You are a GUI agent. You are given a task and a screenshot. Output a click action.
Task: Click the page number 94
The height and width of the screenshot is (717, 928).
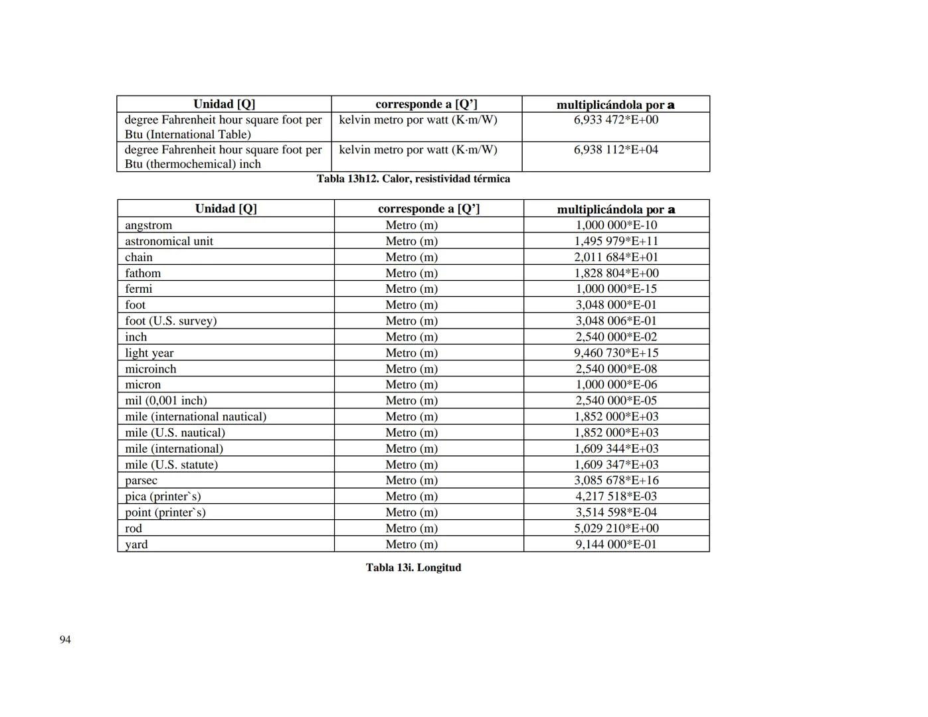tap(65, 639)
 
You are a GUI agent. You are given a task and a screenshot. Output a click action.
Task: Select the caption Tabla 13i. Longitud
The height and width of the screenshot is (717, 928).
tap(413, 568)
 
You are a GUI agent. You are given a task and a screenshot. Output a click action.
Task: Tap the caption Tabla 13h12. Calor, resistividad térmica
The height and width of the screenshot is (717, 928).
tap(413, 179)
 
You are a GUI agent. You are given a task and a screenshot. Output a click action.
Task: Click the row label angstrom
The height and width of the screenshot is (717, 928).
tap(148, 225)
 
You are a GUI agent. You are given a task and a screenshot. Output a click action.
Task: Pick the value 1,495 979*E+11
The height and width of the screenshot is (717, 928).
tap(616, 241)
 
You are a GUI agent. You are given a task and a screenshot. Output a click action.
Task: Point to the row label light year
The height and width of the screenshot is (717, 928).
tap(149, 353)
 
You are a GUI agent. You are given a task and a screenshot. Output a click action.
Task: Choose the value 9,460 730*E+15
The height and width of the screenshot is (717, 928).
tap(616, 353)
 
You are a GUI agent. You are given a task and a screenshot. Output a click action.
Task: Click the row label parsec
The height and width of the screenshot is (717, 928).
tap(141, 481)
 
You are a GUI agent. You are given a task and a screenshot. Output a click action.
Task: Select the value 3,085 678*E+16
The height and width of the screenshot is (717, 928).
tap(616, 481)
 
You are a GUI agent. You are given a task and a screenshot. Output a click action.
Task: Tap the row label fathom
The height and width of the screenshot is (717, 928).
tap(143, 273)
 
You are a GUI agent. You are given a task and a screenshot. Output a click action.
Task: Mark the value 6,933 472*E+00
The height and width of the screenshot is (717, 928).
tap(616, 119)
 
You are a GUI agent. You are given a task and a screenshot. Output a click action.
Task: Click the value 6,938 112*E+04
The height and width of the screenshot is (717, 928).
tap(616, 149)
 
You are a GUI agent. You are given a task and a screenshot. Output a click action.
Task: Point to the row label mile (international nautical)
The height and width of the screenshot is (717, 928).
tap(195, 417)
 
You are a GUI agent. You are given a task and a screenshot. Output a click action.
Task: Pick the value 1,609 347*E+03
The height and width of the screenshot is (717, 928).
tap(616, 465)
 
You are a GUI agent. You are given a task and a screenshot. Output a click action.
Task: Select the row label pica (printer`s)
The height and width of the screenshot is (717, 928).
tap(163, 497)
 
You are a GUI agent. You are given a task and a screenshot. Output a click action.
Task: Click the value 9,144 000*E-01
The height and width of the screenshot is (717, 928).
tap(616, 544)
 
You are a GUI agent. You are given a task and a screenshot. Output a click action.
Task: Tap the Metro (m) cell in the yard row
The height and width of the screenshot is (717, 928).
tap(411, 544)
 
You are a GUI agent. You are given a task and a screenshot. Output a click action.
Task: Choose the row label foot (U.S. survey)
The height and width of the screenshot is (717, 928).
tap(171, 321)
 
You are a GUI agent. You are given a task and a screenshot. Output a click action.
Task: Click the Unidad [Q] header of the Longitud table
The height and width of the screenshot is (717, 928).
tap(226, 208)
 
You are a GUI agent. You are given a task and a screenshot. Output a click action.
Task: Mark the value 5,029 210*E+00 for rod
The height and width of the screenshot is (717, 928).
tap(616, 528)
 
